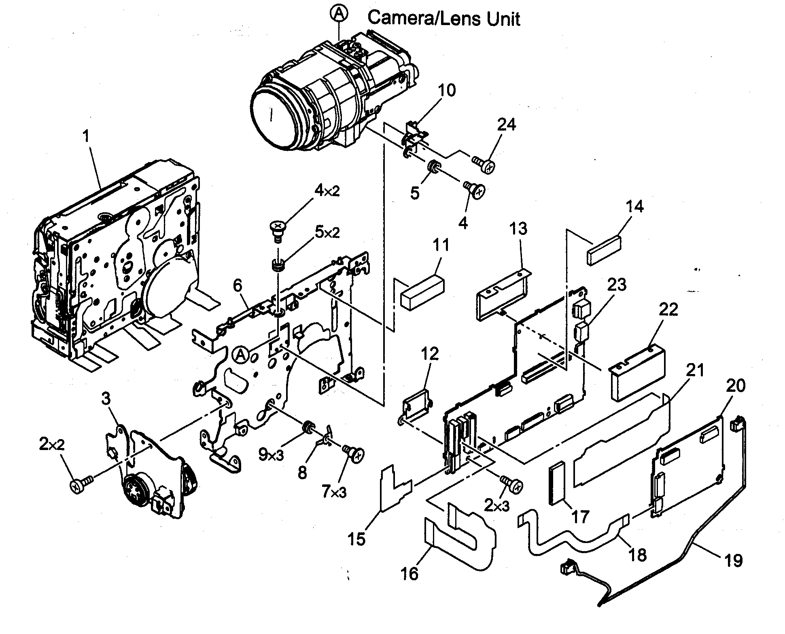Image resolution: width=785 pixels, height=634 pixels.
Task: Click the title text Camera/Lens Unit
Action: (443, 18)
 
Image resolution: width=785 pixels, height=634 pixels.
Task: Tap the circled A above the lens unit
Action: (339, 14)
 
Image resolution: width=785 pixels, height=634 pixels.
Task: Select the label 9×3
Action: (271, 455)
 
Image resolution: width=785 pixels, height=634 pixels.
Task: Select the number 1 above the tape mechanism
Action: (85, 137)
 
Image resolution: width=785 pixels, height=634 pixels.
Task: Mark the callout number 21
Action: (695, 371)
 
